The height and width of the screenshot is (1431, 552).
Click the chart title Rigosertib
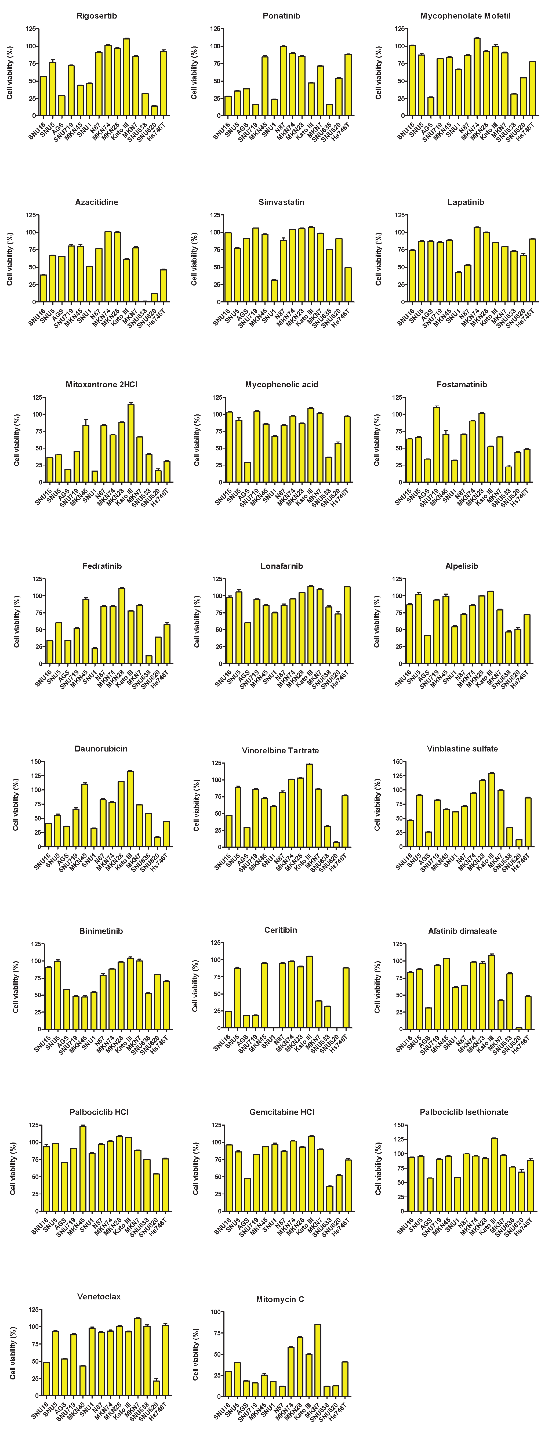[97, 16]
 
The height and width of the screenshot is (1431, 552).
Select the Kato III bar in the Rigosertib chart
[127, 78]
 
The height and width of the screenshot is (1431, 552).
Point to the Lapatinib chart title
[465, 202]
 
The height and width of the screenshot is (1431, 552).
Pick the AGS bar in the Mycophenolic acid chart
[248, 472]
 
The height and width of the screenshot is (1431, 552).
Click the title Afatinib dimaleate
[462, 931]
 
